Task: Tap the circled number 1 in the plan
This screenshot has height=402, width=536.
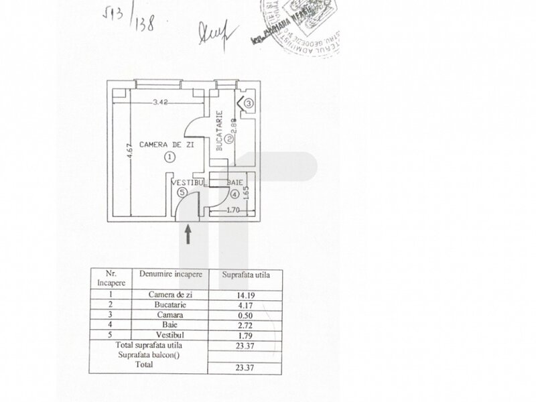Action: coord(170,157)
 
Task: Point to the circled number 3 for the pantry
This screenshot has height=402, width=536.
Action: coord(248,104)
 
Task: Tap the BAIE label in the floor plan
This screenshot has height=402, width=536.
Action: coord(234,182)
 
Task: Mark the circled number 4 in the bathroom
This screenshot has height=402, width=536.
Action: coord(234,194)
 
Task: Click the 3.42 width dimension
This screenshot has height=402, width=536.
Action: coord(159,103)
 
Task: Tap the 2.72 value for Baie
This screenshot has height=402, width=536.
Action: coord(245,324)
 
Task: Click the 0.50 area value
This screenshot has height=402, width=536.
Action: coord(245,314)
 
